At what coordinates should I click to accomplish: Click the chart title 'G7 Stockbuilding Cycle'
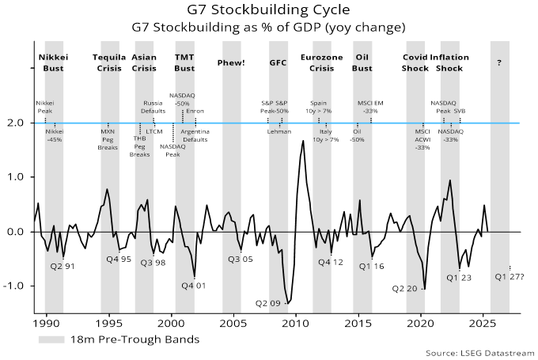click(x=269, y=11)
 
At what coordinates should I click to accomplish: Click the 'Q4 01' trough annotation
click(x=194, y=286)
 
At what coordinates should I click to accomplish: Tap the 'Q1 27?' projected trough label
click(x=510, y=276)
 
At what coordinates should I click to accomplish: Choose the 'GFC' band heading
click(x=278, y=63)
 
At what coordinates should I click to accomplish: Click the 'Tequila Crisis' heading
click(x=109, y=63)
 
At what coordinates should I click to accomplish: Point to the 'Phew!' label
click(x=231, y=63)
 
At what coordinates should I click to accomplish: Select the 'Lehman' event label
click(x=278, y=131)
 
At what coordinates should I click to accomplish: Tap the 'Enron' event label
click(x=195, y=111)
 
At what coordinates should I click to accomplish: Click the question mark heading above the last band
click(x=498, y=63)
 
